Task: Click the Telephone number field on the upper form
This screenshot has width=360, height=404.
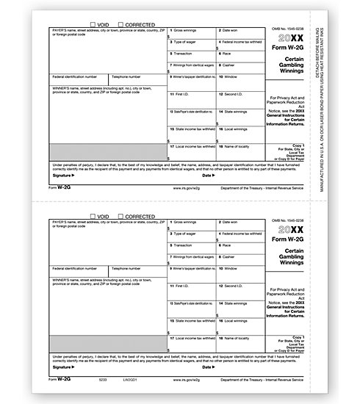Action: tap(137, 82)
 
